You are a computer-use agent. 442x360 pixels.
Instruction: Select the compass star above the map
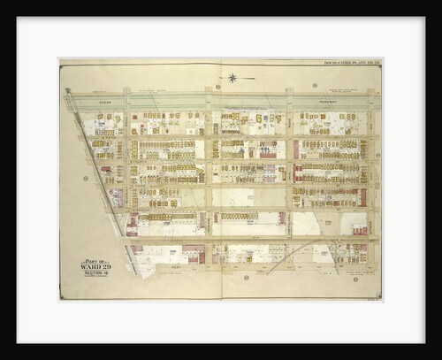tap(232, 77)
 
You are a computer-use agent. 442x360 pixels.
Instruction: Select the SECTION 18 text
tap(95, 273)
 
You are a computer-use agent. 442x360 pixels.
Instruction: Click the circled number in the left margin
tap(86, 179)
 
